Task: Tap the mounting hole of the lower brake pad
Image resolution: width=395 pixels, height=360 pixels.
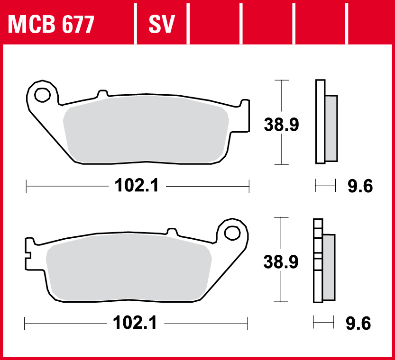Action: pos(232,233)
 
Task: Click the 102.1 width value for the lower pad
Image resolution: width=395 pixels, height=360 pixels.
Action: pos(135,324)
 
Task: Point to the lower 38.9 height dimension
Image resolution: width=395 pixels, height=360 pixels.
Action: pos(281,261)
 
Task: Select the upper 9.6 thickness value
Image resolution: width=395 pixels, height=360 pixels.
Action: pos(360,186)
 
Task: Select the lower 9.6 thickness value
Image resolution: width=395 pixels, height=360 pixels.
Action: pos(358,324)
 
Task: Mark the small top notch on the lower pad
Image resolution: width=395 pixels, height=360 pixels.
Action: pos(172,232)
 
